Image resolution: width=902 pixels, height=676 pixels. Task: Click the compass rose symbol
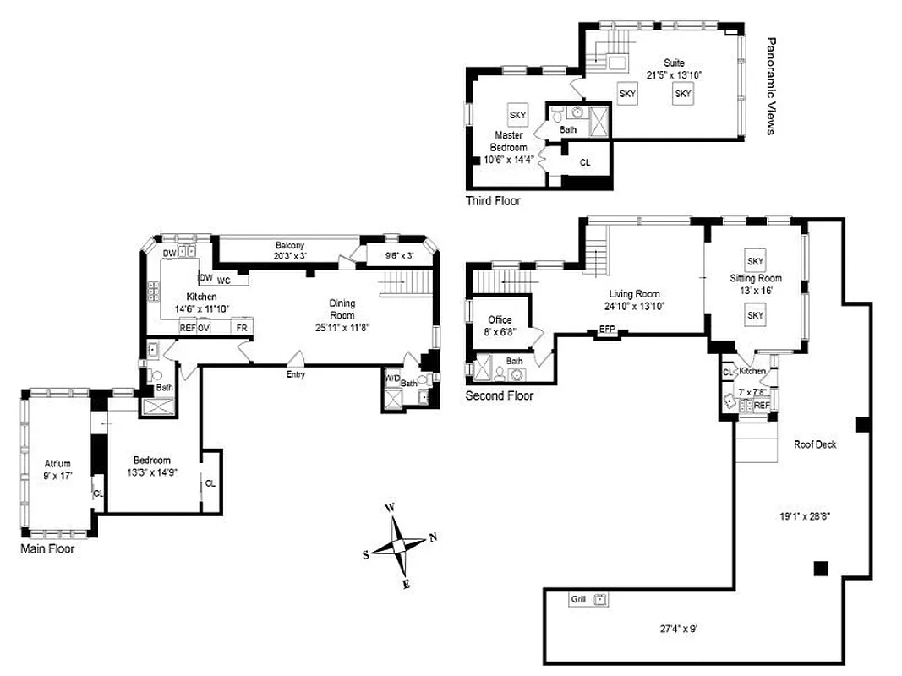[398, 544]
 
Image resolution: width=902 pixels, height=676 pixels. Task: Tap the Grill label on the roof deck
[579, 599]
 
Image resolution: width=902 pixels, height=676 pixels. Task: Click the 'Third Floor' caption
[493, 201]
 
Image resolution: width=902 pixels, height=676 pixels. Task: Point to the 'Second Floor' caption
[500, 395]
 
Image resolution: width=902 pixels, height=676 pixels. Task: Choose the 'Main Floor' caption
[47, 548]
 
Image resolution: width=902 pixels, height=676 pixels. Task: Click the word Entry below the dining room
[295, 374]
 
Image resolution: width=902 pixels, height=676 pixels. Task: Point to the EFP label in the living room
[607, 329]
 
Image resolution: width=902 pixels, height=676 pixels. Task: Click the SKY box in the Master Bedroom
[517, 115]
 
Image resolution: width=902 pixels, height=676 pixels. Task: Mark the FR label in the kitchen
[242, 328]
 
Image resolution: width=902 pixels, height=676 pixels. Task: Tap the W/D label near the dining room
[392, 379]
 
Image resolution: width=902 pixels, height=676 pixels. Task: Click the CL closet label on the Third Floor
[584, 161]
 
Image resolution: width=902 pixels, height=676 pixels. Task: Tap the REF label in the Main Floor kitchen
[187, 328]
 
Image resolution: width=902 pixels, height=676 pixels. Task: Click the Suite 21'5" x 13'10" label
[674, 68]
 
